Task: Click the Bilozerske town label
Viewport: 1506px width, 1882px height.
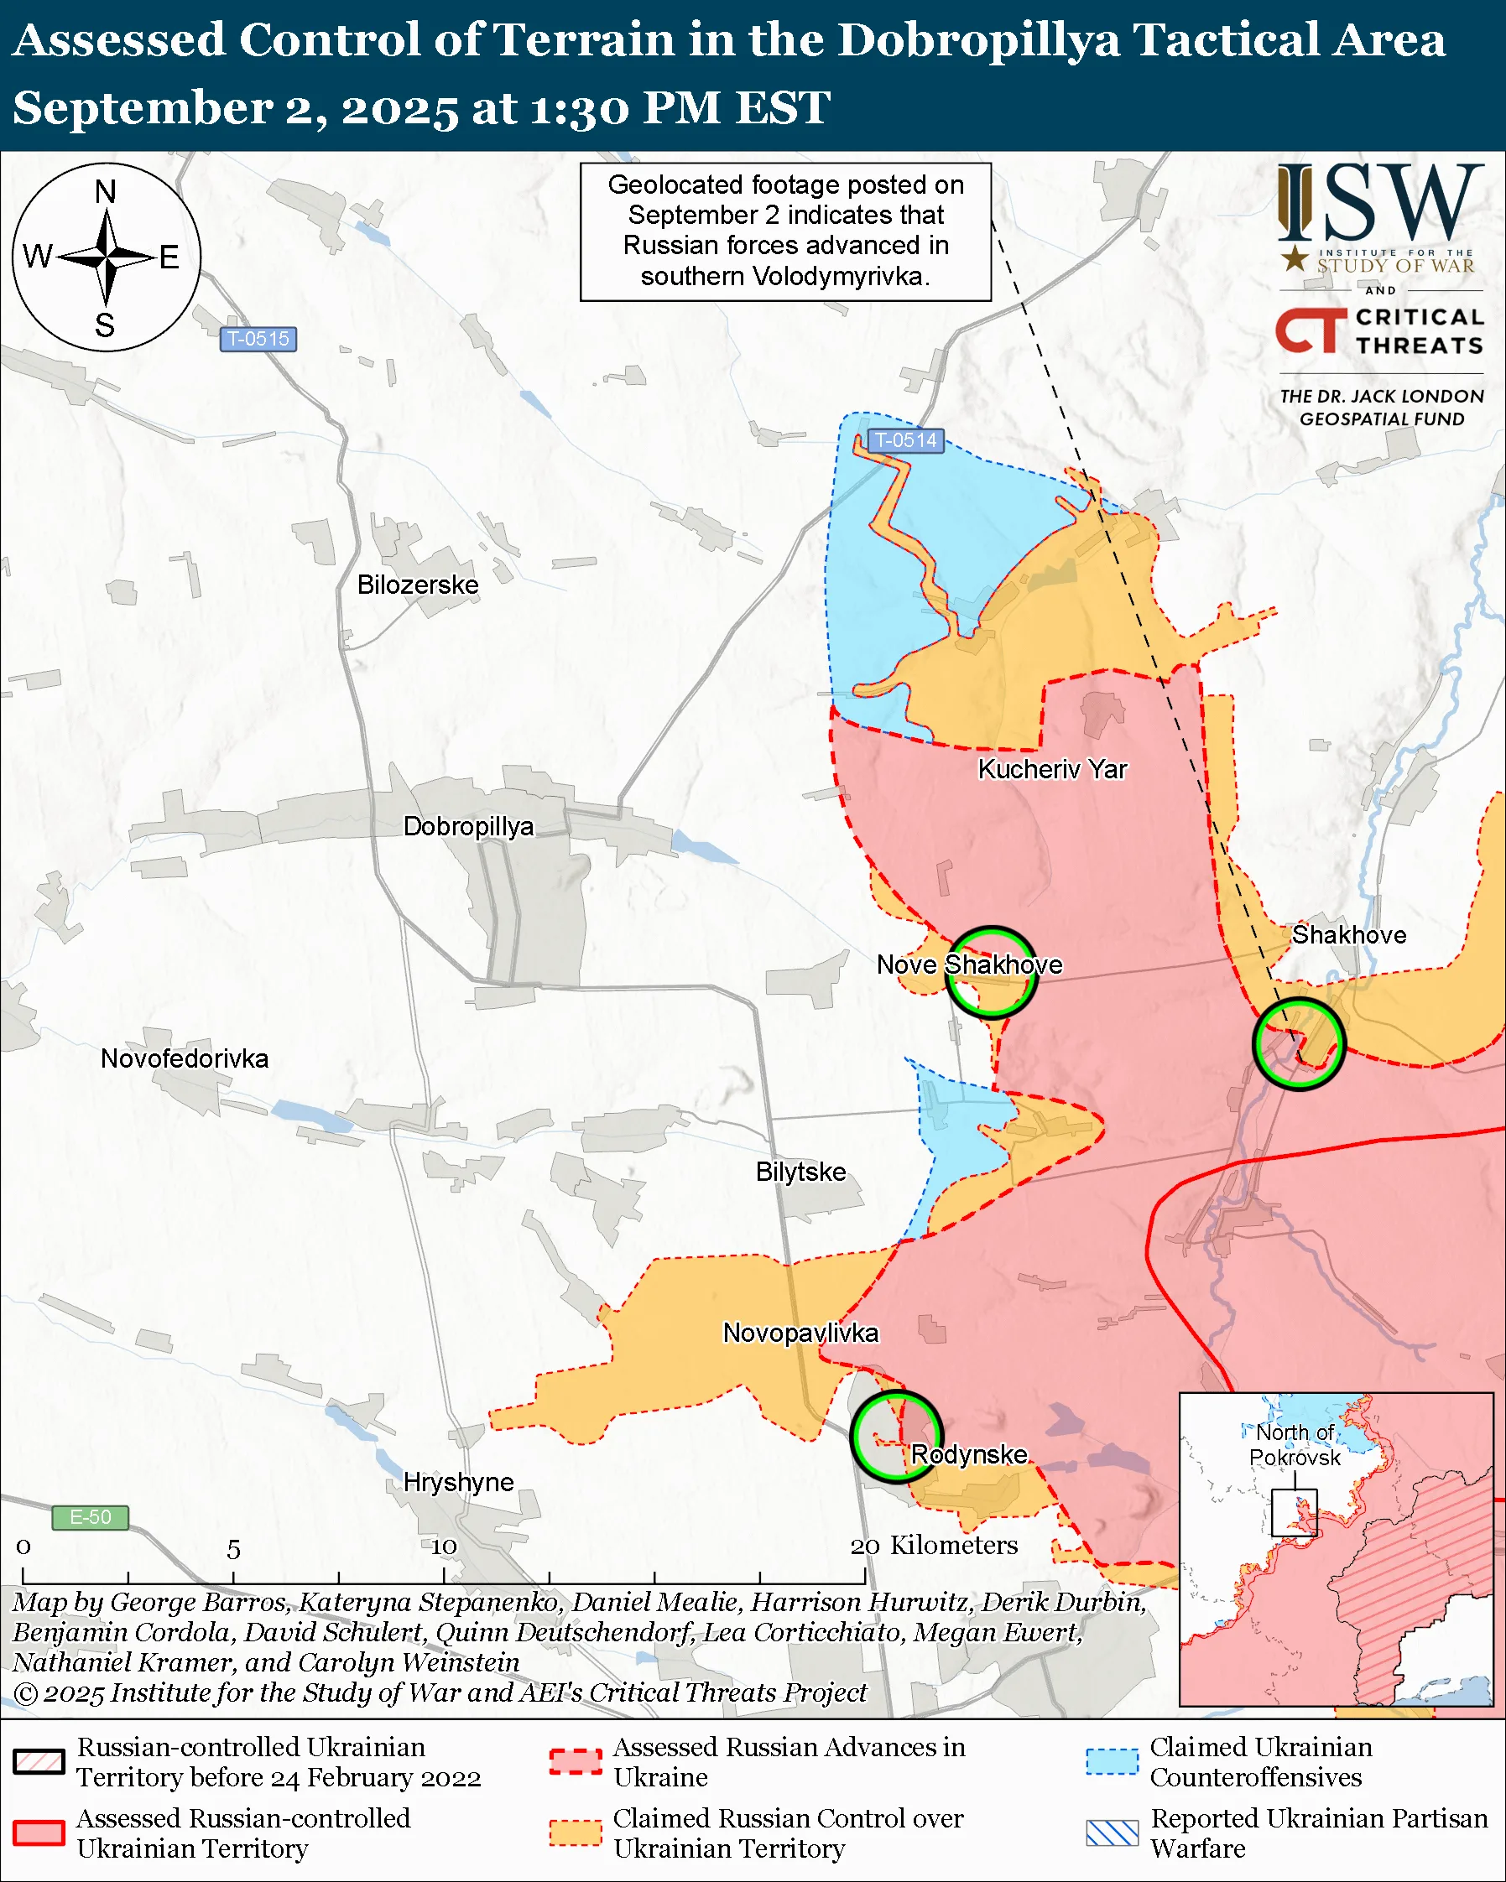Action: pyautogui.click(x=417, y=585)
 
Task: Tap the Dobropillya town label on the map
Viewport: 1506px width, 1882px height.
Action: pyautogui.click(x=468, y=826)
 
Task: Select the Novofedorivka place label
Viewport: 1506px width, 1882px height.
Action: pyautogui.click(x=185, y=1059)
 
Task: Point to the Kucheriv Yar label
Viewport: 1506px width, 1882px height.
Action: pyautogui.click(x=1052, y=769)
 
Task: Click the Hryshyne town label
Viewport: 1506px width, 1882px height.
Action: pyautogui.click(x=458, y=1482)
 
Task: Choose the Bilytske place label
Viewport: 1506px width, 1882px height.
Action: pyautogui.click(x=800, y=1172)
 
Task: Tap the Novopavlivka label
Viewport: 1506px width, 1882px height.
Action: pyautogui.click(x=800, y=1333)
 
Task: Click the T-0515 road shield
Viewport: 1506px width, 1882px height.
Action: pyautogui.click(x=258, y=339)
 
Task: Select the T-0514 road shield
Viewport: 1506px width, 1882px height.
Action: pyautogui.click(x=905, y=441)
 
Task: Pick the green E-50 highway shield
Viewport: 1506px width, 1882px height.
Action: pyautogui.click(x=90, y=1517)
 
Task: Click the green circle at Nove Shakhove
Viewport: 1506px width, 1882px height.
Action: pyautogui.click(x=992, y=972)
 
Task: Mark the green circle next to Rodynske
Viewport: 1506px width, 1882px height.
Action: pyautogui.click(x=897, y=1437)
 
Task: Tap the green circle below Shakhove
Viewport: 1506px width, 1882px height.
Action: pyautogui.click(x=1298, y=1044)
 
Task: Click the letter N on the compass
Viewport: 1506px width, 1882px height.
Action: pyautogui.click(x=106, y=192)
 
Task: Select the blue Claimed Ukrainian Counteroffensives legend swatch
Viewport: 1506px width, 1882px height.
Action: pyautogui.click(x=1113, y=1761)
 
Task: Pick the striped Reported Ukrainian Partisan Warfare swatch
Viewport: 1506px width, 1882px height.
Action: pyautogui.click(x=1113, y=1833)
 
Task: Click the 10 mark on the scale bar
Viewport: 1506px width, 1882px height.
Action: pyautogui.click(x=444, y=1547)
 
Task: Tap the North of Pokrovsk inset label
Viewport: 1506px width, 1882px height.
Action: pyautogui.click(x=1295, y=1445)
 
